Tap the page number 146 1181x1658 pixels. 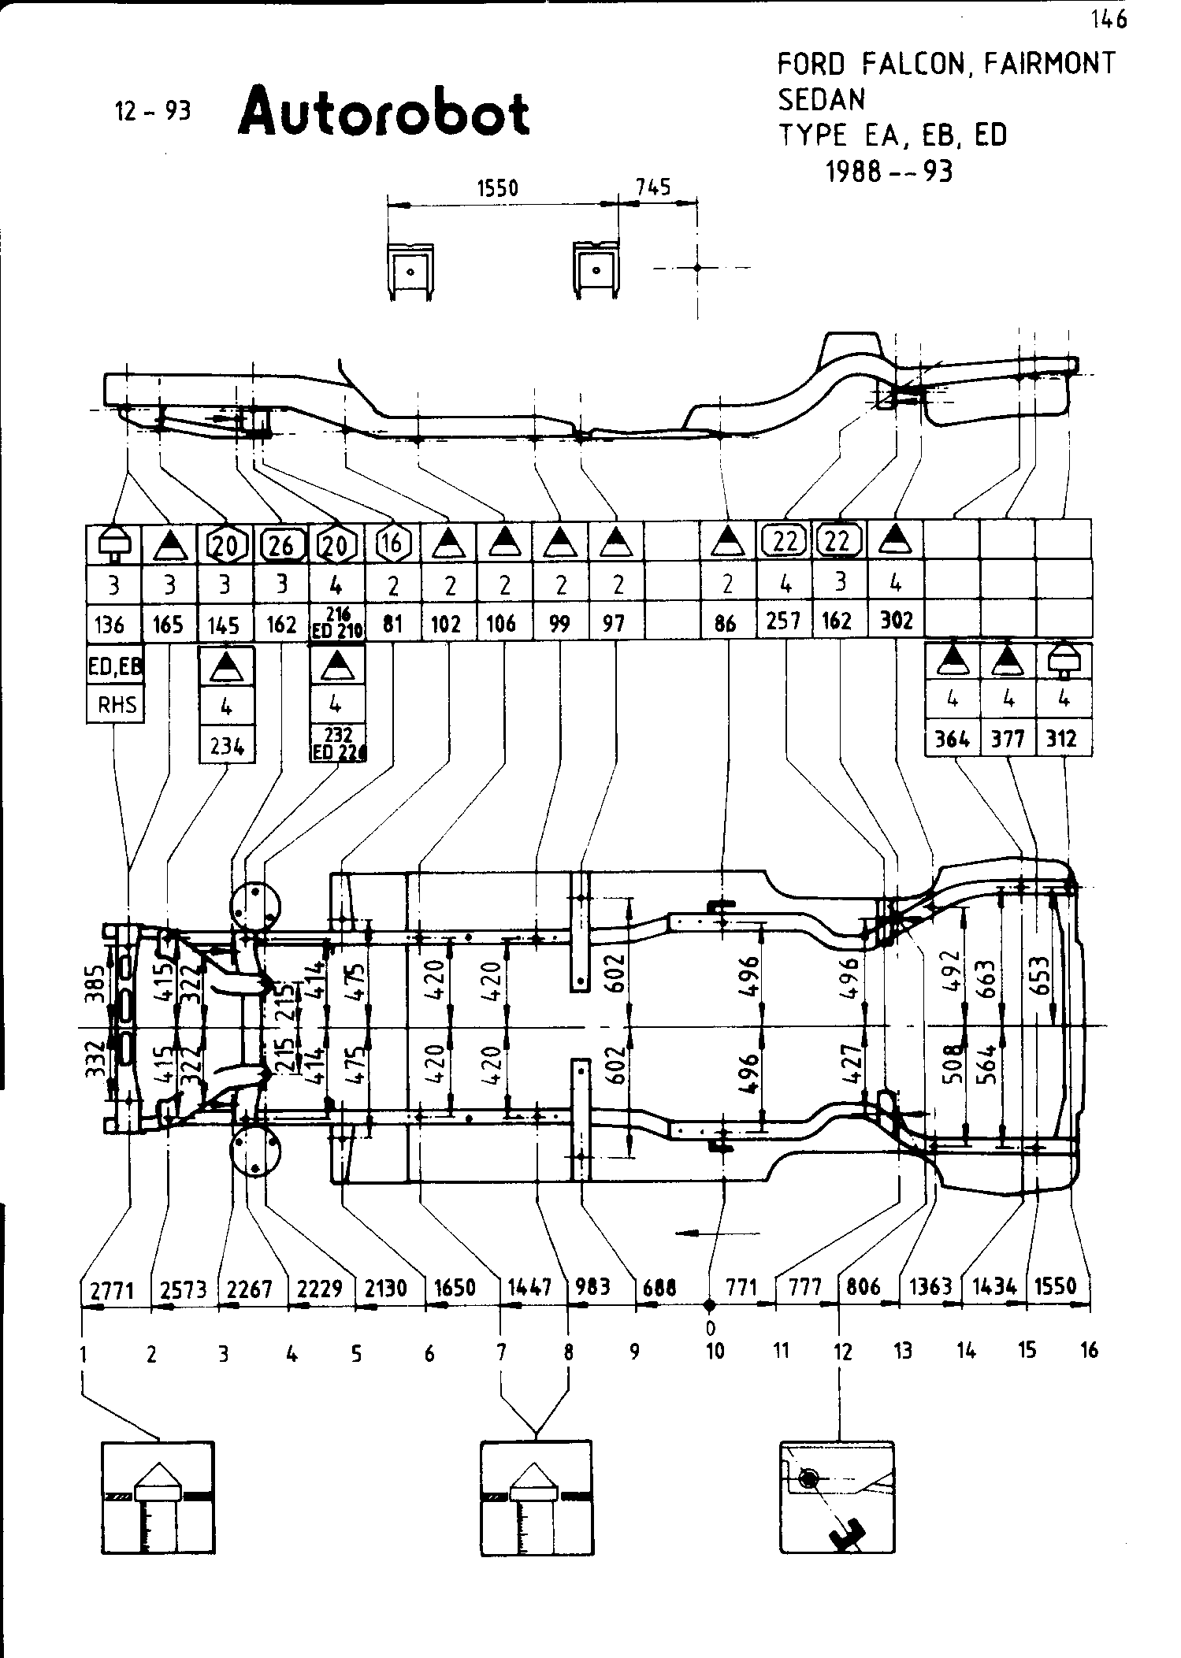[x=1109, y=20]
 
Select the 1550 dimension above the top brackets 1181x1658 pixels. [x=498, y=188]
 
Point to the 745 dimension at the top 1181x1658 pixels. [x=653, y=187]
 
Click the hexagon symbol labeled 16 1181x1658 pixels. [x=392, y=542]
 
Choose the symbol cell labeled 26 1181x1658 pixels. [x=281, y=543]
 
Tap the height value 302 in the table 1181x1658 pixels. [x=897, y=621]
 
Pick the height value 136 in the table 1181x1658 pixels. [x=110, y=625]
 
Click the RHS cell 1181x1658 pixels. [x=117, y=704]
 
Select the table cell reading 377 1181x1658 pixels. [x=1008, y=739]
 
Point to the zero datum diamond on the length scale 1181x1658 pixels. [x=709, y=1304]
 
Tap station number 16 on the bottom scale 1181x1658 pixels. [x=1089, y=1351]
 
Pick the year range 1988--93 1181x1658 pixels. [x=889, y=171]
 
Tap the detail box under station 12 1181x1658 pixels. [x=837, y=1496]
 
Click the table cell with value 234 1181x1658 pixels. [x=227, y=744]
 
